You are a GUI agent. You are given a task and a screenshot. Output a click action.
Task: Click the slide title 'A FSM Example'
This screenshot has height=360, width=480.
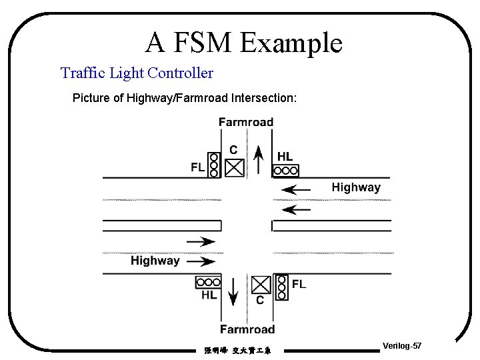pos(243,43)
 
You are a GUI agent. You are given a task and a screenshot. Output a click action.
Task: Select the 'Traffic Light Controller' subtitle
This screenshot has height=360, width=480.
pos(137,73)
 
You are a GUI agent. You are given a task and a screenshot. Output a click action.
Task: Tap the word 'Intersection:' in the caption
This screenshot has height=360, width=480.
pos(264,98)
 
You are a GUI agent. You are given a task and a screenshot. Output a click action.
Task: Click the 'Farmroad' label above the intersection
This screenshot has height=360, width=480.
pos(246,122)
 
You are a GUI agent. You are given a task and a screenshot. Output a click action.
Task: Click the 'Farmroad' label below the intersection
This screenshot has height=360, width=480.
pos(247,329)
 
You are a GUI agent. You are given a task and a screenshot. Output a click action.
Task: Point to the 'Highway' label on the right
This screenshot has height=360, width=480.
pos(356,187)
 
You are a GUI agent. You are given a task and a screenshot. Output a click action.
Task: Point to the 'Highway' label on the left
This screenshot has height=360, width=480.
pos(155,261)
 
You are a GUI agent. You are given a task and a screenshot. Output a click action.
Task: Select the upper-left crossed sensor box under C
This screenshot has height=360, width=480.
pos(234,167)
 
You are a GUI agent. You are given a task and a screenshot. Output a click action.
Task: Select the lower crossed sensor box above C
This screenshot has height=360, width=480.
pos(261,285)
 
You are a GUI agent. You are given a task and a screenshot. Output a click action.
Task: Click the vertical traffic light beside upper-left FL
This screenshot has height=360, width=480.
pos(213,164)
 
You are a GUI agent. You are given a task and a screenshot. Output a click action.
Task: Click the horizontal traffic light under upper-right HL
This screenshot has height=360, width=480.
pos(285,171)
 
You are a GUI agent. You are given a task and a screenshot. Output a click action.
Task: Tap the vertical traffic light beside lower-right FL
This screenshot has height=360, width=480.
pos(281,287)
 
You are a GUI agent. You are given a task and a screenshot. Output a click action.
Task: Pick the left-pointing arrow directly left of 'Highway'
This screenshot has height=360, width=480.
pos(296,190)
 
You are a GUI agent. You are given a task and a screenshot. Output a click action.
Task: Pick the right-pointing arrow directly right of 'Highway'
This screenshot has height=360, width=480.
pos(201,261)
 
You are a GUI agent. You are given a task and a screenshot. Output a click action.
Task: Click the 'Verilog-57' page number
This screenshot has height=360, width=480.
pos(402,346)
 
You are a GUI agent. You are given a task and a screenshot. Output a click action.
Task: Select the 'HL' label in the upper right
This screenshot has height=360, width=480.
pos(285,157)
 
